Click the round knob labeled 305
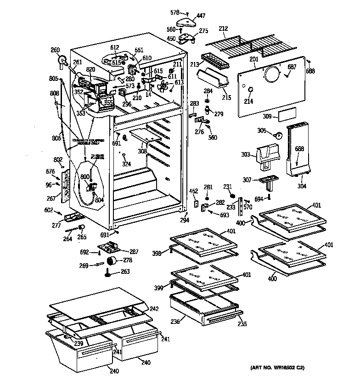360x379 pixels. pos(277,135)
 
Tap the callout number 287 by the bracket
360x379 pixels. pos(134,252)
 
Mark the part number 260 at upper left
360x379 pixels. pos(55,50)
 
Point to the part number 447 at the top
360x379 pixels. pos(201,16)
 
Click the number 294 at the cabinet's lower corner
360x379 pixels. pos(185,221)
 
